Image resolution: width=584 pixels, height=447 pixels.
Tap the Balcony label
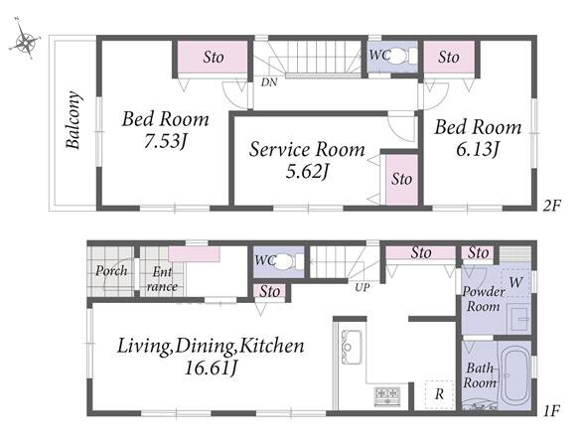pyautogui.click(x=73, y=120)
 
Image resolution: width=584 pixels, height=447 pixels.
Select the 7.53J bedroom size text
pyautogui.click(x=165, y=141)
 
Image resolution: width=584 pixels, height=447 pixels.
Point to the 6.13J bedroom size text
pyautogui.click(x=478, y=150)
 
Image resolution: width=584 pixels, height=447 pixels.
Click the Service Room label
pyautogui.click(x=307, y=149)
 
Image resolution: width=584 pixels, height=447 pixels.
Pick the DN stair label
pyautogui.click(x=269, y=82)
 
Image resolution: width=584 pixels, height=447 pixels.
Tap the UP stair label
pyautogui.click(x=362, y=288)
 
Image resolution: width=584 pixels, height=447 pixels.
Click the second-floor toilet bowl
pyautogui.click(x=399, y=57)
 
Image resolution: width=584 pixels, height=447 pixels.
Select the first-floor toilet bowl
pyautogui.click(x=285, y=261)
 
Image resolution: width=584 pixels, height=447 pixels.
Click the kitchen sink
pyautogui.click(x=352, y=348)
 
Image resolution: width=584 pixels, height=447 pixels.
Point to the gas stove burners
pyautogui.click(x=387, y=396)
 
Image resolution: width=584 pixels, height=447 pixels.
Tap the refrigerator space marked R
pyautogui.click(x=439, y=394)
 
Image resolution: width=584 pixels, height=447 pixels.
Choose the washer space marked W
pyautogui.click(x=515, y=282)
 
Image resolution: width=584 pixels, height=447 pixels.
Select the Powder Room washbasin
pyautogui.click(x=519, y=319)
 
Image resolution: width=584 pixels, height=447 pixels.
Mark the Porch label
pyautogui.click(x=111, y=270)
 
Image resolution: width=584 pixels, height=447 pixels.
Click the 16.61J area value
pyautogui.click(x=211, y=369)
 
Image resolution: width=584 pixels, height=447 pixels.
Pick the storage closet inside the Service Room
pyautogui.click(x=401, y=179)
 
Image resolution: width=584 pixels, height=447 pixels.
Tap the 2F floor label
pyautogui.click(x=551, y=206)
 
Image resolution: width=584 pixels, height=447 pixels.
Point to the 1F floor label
pyautogui.click(x=551, y=411)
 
